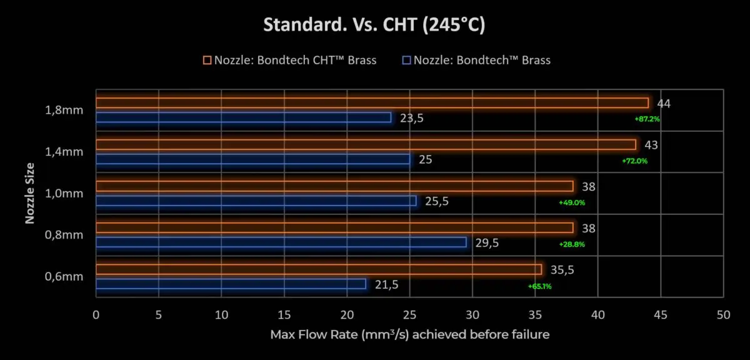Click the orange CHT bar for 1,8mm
point(372,102)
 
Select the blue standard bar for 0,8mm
point(281,242)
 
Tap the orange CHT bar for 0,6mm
point(319,269)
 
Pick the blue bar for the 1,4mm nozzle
point(252,159)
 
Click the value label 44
point(663,103)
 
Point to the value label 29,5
point(487,242)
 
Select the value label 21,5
point(386,284)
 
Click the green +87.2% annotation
point(646,119)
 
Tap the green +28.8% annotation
point(571,244)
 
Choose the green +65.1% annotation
point(539,286)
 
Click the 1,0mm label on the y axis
point(65,194)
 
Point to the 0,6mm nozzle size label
point(65,277)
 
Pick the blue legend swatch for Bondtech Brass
point(407,60)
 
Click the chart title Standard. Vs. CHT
point(375,26)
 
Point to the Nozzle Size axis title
point(29,193)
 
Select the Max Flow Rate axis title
point(410,335)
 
